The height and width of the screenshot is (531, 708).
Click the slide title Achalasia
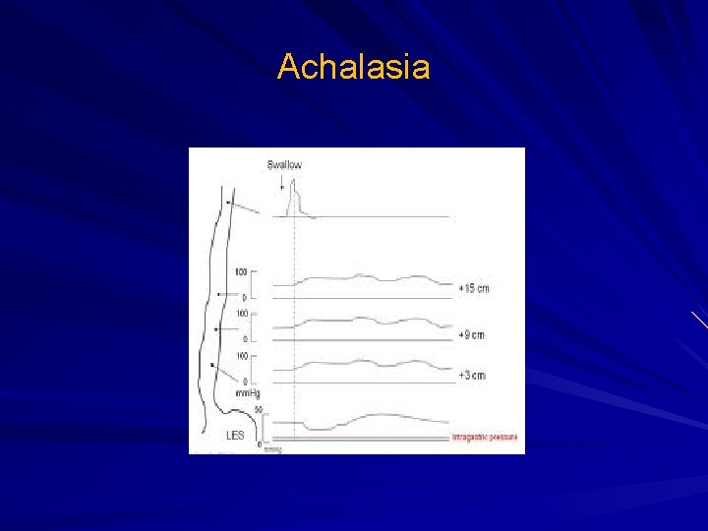(354, 68)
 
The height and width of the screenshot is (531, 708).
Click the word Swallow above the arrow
(284, 164)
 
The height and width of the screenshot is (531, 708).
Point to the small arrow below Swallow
(281, 182)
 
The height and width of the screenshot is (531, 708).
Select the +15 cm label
(473, 288)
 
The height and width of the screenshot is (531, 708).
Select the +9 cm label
(471, 335)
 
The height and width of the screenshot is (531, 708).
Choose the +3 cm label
(471, 376)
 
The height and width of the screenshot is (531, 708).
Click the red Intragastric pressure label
(484, 436)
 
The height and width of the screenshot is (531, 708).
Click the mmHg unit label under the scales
(249, 393)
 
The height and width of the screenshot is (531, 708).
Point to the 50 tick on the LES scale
(258, 408)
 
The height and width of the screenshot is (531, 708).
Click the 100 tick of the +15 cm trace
(241, 270)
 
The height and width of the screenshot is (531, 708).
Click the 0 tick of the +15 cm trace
(244, 296)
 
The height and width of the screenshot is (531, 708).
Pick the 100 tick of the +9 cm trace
(241, 314)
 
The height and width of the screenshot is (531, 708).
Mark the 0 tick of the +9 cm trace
(244, 339)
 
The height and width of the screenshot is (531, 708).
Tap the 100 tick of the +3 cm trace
(241, 356)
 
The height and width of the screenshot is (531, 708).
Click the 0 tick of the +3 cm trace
(244, 382)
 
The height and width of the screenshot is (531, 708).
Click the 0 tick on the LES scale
(259, 444)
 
